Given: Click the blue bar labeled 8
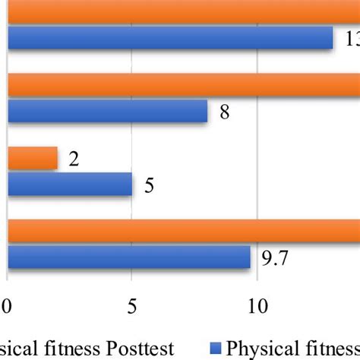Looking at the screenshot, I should (107, 112).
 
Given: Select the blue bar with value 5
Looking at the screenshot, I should (70, 185).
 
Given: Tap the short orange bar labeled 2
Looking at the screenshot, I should (33, 159).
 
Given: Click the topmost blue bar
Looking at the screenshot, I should (171, 39).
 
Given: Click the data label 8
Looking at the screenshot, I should (225, 113).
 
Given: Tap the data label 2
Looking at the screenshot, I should (74, 160).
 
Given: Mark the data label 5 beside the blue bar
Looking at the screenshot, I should (150, 186).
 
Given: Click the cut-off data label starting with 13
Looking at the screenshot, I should (352, 40).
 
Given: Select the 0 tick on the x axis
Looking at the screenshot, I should (8, 307).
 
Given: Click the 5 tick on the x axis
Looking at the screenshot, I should (132, 307).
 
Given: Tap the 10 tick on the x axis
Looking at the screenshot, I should (257, 307).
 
